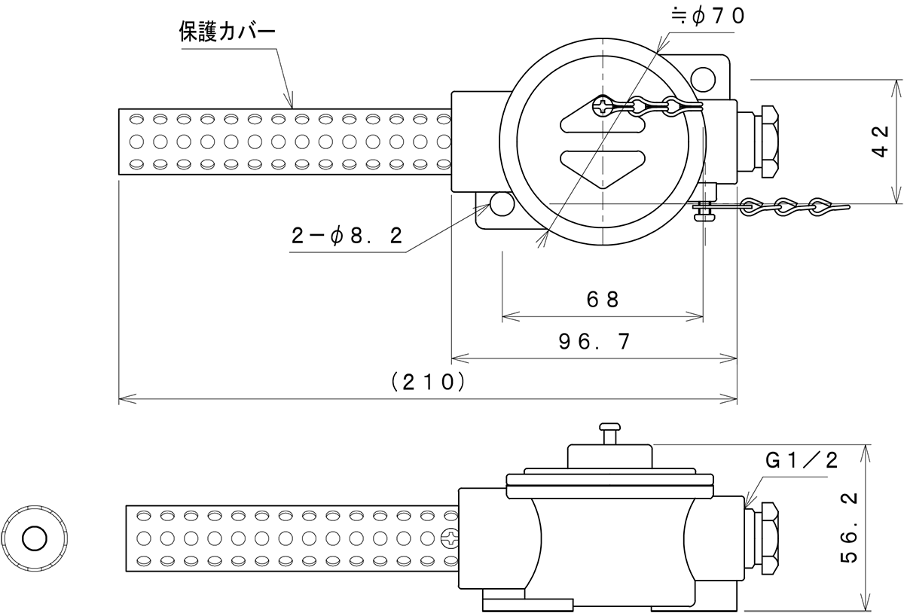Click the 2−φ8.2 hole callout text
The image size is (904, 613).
(x=347, y=236)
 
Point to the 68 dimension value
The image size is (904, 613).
(x=603, y=299)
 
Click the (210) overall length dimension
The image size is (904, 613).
(x=427, y=382)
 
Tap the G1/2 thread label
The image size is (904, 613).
(x=802, y=461)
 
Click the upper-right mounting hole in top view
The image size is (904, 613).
(x=704, y=77)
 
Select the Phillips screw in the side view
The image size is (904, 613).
(x=450, y=538)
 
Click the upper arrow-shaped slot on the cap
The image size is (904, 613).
(x=603, y=124)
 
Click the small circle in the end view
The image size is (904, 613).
(x=34, y=538)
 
